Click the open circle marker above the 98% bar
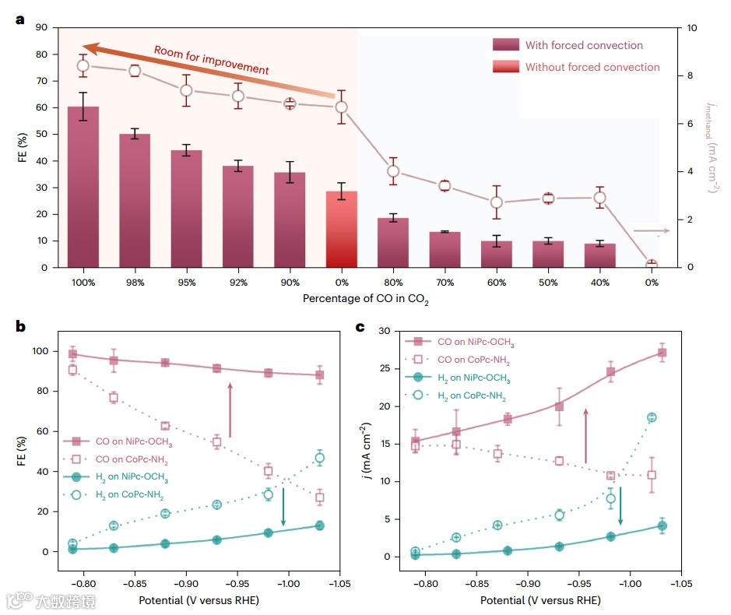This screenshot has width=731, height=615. point(135,71)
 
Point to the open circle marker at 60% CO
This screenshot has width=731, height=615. point(496,202)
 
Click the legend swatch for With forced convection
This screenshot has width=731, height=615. point(504,45)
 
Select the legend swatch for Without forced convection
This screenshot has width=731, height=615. point(504,67)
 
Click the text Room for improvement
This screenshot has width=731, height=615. point(211,60)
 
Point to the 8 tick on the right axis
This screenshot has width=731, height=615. point(681,76)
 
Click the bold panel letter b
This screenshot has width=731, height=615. point(20,326)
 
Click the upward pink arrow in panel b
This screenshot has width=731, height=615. point(230,409)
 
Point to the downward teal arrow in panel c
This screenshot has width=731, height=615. point(620,505)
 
